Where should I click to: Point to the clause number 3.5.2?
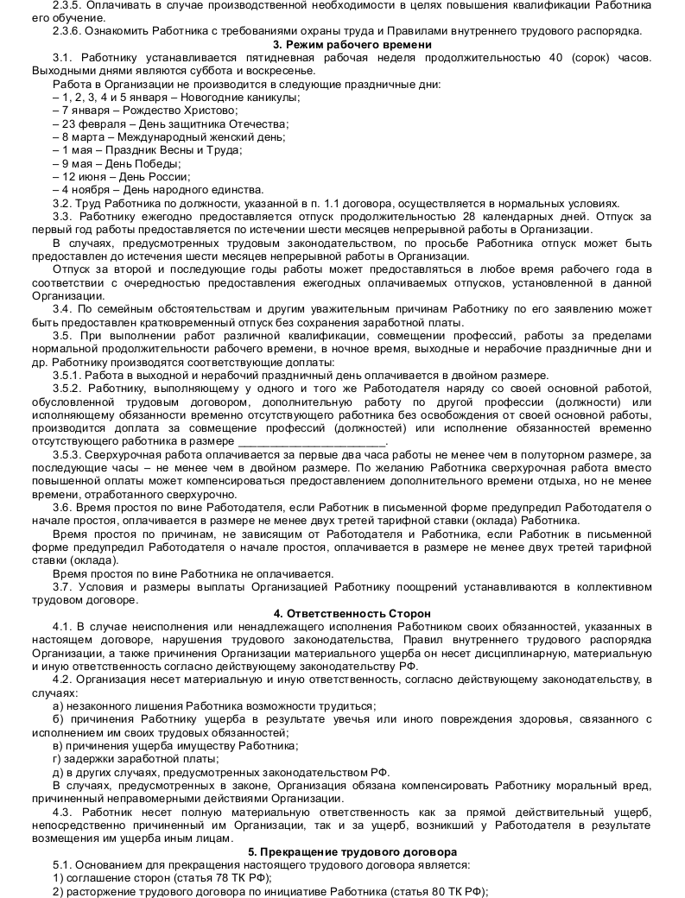(x=67, y=390)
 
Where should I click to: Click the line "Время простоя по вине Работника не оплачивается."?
(x=193, y=573)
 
